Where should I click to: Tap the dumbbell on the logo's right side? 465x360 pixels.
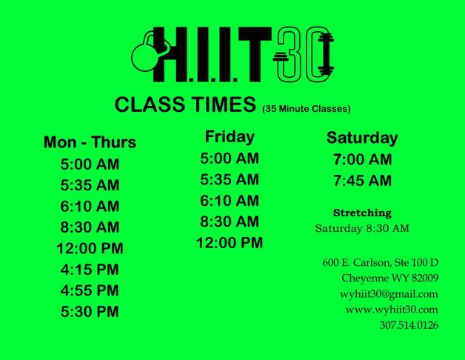[326, 54]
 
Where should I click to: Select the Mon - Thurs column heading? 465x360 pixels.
[90, 142]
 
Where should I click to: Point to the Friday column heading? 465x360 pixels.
[230, 136]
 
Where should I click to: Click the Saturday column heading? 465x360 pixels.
[362, 138]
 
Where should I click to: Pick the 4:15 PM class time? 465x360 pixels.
[90, 270]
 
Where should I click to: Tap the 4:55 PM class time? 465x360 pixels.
[90, 290]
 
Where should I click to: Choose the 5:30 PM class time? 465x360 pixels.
[90, 311]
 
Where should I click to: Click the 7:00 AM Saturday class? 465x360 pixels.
[362, 159]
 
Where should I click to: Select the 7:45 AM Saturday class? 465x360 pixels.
[362, 181]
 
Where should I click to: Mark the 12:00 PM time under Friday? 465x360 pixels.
[230, 243]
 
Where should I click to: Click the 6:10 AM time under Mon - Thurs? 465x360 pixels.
[90, 206]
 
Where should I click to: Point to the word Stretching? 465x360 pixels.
[362, 213]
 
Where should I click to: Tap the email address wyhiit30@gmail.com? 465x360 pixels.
[389, 294]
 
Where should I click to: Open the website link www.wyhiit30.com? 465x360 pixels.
[392, 310]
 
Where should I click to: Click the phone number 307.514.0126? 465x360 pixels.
[409, 325]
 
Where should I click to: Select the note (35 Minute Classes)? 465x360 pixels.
[307, 109]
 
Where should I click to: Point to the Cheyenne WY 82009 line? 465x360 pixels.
[389, 279]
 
